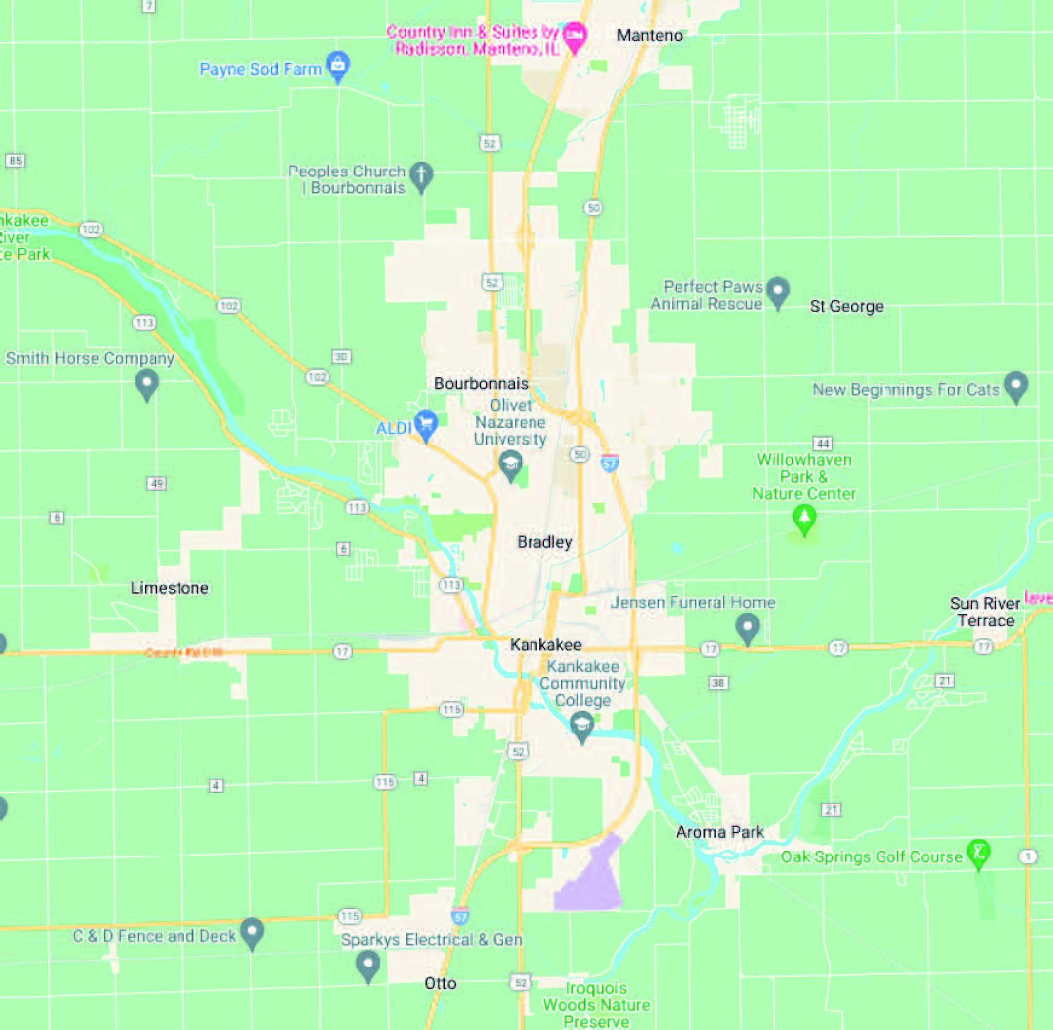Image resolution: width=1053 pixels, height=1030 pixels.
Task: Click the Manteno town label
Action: click(649, 36)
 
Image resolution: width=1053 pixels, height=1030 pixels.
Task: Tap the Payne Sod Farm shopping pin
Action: click(338, 65)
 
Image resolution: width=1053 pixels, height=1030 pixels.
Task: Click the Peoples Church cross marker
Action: click(421, 175)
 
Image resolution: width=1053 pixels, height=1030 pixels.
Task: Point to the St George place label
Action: click(847, 306)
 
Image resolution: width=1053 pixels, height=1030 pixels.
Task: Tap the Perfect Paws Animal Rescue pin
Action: click(778, 290)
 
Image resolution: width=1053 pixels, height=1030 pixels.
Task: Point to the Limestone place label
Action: click(169, 588)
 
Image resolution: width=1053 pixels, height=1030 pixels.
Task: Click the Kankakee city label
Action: click(546, 644)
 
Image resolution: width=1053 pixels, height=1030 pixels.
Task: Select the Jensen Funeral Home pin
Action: click(748, 627)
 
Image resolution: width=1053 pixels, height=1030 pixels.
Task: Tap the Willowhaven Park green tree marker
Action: click(804, 518)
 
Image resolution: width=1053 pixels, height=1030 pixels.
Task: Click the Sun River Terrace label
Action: click(985, 611)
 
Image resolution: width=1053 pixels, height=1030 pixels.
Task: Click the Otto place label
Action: click(440, 983)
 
